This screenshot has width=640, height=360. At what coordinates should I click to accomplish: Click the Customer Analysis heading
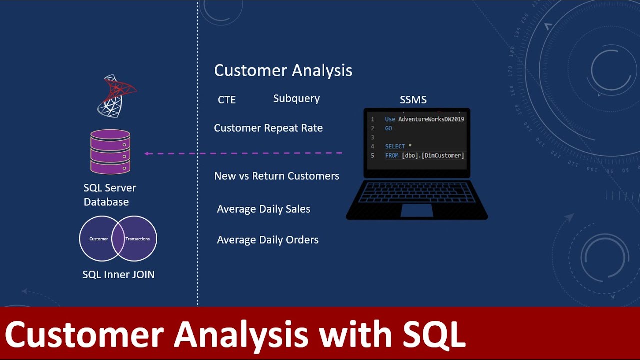pyautogui.click(x=283, y=71)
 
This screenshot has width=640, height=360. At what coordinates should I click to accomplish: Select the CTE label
pyautogui.click(x=227, y=100)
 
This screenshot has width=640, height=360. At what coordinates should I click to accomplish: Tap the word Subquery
pyautogui.click(x=296, y=99)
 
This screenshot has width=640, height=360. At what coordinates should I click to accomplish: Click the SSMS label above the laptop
pyautogui.click(x=413, y=100)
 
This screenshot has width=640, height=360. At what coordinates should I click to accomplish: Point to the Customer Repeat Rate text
pyautogui.click(x=268, y=128)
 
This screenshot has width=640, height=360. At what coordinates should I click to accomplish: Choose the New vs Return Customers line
pyautogui.click(x=276, y=176)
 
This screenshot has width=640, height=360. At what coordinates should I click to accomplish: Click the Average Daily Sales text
pyautogui.click(x=263, y=209)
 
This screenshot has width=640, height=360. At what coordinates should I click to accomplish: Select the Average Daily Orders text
pyautogui.click(x=267, y=240)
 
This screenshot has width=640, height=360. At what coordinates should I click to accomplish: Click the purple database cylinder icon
pyautogui.click(x=110, y=152)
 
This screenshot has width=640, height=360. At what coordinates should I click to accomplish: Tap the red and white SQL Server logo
pyautogui.click(x=116, y=96)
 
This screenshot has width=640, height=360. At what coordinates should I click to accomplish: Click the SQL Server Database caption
pyautogui.click(x=109, y=195)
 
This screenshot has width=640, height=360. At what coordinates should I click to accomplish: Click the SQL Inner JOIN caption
pyautogui.click(x=118, y=275)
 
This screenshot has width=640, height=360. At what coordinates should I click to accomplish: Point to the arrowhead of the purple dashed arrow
pyautogui.click(x=147, y=153)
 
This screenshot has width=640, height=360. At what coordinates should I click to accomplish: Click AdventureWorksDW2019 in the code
pyautogui.click(x=431, y=120)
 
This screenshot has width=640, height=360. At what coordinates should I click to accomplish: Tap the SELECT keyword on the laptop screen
pyautogui.click(x=395, y=147)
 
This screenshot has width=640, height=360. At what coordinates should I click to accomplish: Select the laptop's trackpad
pyautogui.click(x=417, y=210)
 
